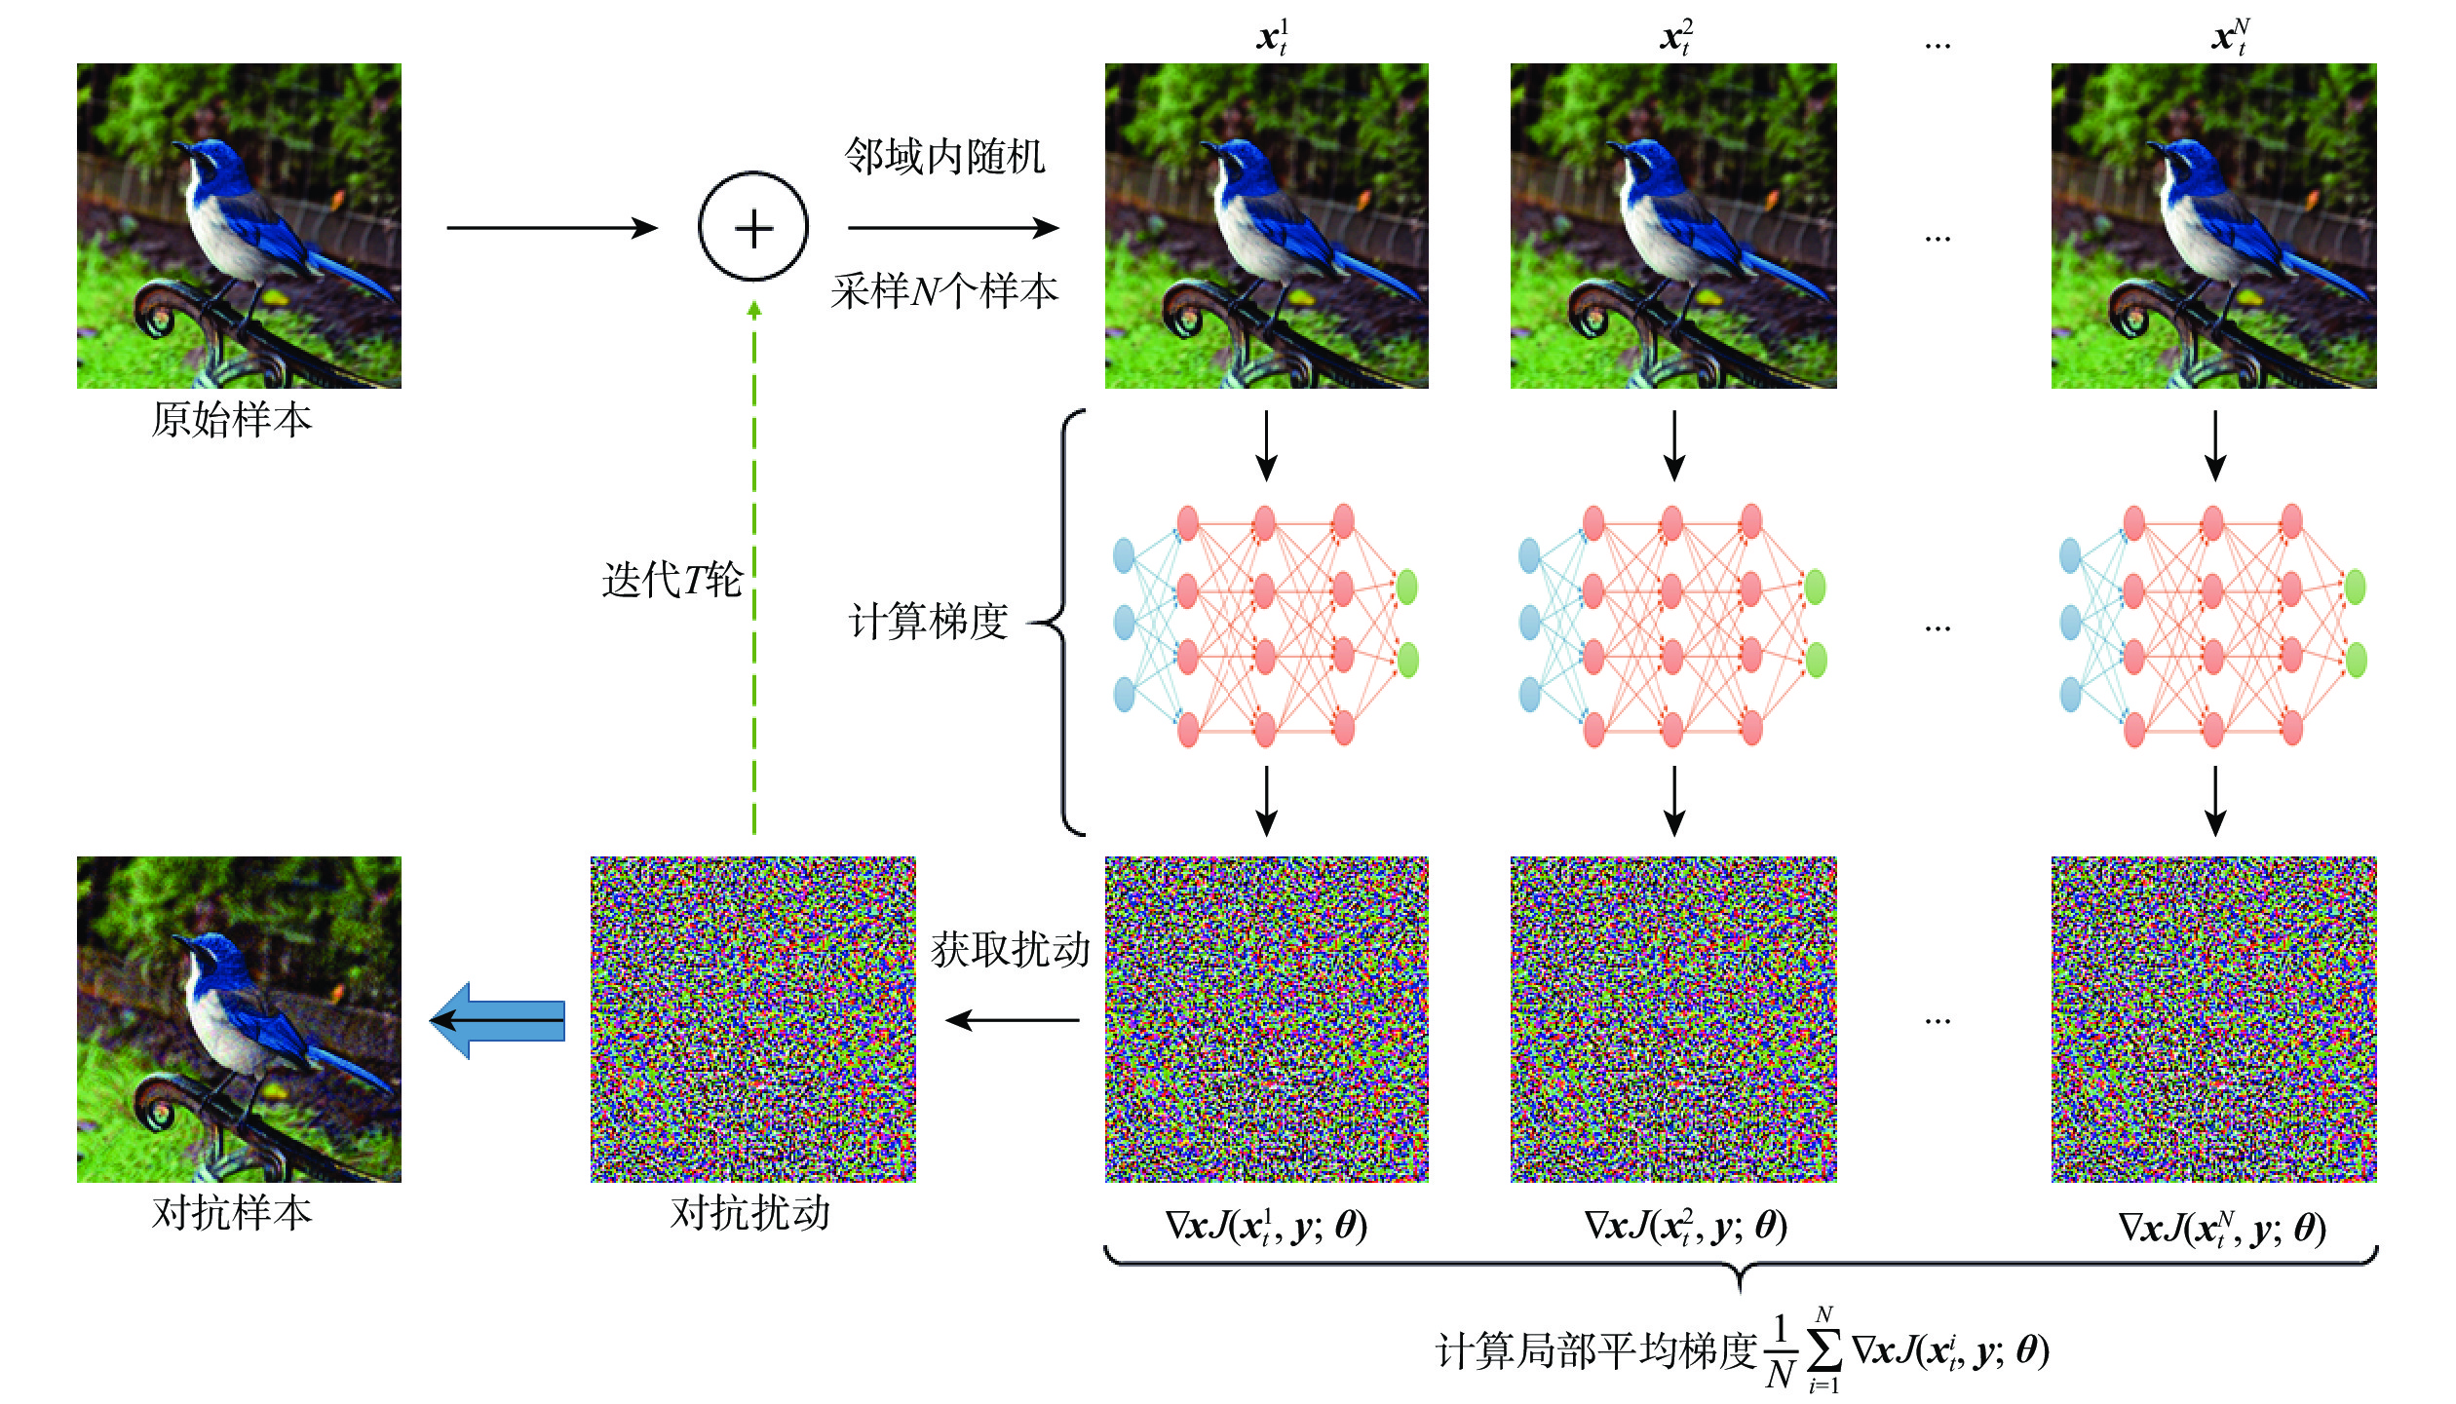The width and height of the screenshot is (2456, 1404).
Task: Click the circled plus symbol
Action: click(x=753, y=227)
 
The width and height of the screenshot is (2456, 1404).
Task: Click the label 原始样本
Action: click(x=232, y=420)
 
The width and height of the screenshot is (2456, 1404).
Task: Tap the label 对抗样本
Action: click(x=232, y=1213)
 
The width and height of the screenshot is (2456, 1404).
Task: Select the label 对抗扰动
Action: click(x=750, y=1213)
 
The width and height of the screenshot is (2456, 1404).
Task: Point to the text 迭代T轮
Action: click(x=672, y=580)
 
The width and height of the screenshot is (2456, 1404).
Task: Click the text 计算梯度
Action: click(x=928, y=622)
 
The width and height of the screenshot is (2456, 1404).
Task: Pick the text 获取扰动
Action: click(x=1010, y=950)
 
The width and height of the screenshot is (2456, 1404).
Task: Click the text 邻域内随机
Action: click(x=944, y=156)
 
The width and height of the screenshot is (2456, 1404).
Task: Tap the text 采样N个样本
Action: click(x=944, y=291)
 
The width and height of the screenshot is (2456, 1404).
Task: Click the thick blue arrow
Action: click(x=499, y=1020)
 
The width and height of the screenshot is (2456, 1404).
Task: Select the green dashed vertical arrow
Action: click(x=753, y=565)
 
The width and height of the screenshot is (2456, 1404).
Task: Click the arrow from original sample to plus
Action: click(x=552, y=228)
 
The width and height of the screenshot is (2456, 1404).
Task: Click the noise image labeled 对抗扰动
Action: click(x=752, y=1019)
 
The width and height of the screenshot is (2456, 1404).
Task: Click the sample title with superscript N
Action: click(x=2230, y=37)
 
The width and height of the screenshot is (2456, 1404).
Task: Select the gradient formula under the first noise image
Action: click(x=1266, y=1226)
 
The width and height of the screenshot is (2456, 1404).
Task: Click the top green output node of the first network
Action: click(x=1406, y=587)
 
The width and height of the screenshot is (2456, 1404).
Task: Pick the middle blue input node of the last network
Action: click(x=2070, y=622)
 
